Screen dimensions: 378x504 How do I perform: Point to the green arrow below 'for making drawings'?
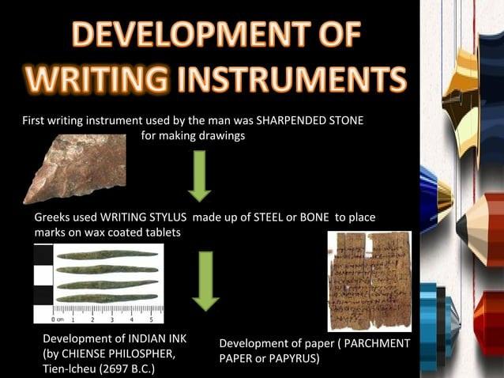200,176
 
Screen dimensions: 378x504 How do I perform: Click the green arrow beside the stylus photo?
206,280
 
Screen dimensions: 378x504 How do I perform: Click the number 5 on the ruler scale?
151,319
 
